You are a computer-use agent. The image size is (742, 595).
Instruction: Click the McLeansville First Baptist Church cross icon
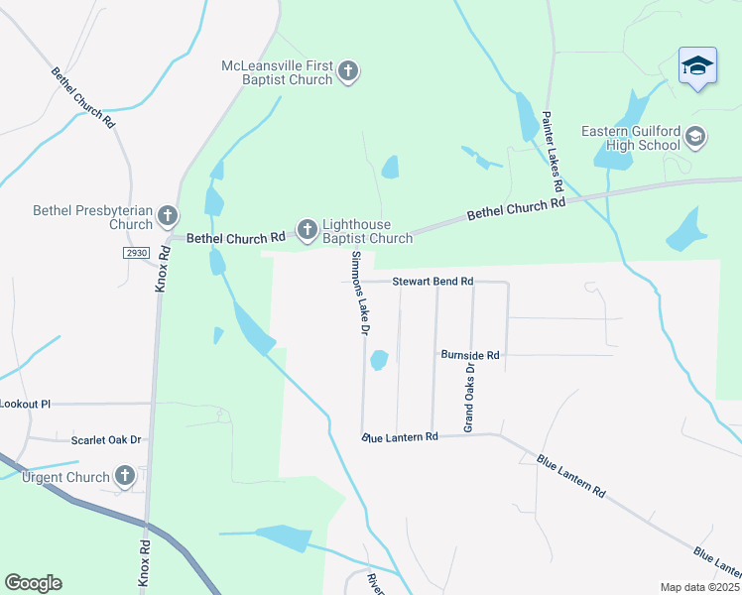347,70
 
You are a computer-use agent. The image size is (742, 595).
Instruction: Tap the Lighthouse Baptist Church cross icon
308,231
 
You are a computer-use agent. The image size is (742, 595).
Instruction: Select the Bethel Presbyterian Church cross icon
168,215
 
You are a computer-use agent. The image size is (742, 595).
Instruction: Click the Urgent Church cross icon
124,477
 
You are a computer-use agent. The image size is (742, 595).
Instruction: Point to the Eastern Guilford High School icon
695,137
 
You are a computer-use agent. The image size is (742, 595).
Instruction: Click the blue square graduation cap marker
697,66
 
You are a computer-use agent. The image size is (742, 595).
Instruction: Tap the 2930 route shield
137,253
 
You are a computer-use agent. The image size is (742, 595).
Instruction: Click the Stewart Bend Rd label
433,282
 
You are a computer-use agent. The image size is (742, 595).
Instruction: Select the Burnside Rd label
470,354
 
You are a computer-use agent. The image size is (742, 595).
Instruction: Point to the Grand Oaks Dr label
470,397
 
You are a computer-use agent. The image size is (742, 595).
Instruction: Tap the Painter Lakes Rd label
552,152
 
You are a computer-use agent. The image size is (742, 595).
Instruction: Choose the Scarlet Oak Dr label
106,439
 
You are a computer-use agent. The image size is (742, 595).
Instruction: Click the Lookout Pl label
25,404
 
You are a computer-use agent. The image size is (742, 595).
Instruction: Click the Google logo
33,583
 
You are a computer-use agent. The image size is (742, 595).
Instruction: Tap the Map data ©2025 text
698,587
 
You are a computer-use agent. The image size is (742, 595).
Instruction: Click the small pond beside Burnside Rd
378,360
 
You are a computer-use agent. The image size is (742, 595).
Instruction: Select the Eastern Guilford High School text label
630,138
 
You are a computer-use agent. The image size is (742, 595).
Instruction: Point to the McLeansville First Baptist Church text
277,73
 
